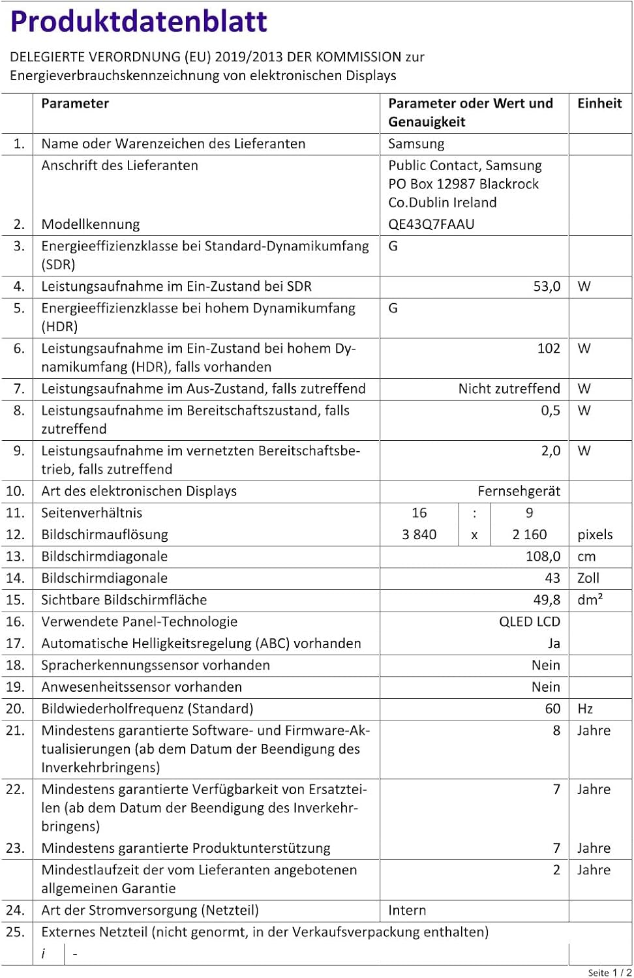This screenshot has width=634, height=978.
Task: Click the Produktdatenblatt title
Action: pos(138,22)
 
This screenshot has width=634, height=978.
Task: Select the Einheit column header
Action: pos(599,103)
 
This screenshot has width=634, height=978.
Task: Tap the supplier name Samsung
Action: pos(416,143)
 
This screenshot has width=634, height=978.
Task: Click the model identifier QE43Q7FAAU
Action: pos(431,224)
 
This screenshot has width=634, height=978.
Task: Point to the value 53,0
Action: pos(547,286)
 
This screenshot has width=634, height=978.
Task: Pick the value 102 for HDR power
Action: pos(549,348)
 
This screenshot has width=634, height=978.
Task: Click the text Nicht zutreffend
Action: pos(509,389)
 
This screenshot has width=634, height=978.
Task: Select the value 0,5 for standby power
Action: pos(551,410)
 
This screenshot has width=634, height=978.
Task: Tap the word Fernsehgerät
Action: pos(519,491)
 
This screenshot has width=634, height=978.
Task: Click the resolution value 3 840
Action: pos(419,535)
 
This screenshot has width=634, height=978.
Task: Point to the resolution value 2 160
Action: pos(529,535)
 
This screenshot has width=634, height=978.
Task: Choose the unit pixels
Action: pos(595,535)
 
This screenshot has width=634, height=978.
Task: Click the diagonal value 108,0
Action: pos(543,556)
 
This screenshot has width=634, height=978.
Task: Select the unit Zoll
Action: pos(588,578)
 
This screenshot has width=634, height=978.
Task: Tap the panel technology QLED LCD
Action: pos(530,621)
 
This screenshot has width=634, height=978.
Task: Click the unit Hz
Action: pos(584,709)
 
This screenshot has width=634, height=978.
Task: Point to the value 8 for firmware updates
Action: pos(556,730)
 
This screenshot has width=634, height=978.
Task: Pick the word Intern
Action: pos(407,910)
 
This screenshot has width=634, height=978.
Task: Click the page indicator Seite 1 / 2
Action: pos(609,972)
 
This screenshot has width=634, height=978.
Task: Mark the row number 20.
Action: pos(15,709)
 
